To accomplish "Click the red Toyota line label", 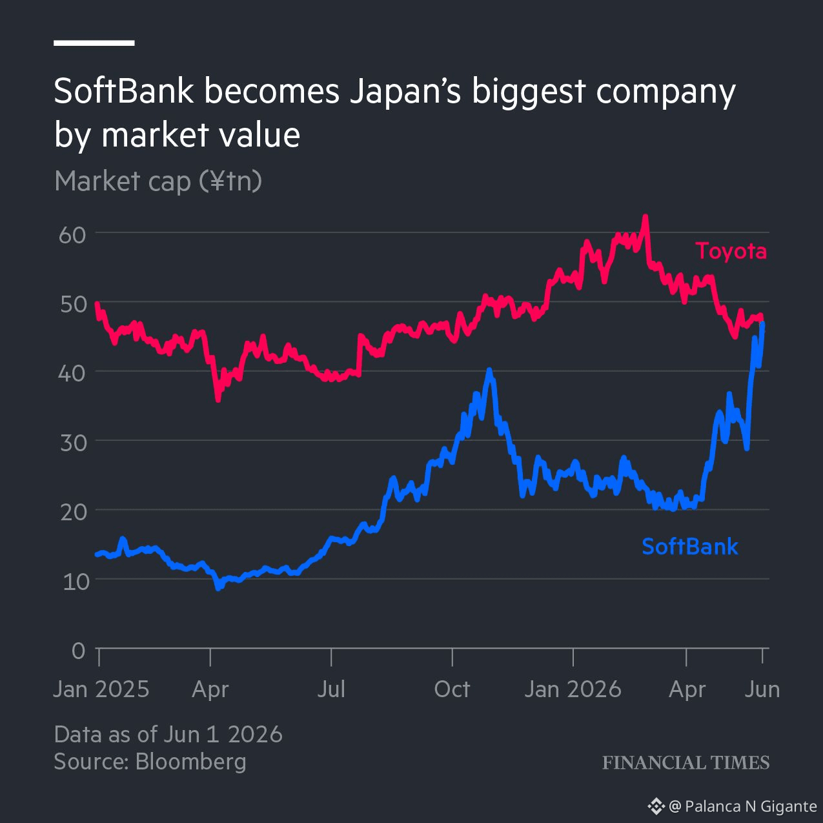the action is pos(731,251).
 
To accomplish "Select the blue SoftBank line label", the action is pos(690,546).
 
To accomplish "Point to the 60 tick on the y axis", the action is pos(72,235).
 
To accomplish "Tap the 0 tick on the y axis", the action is pos(79,651).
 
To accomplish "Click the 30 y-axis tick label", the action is pos(73,443).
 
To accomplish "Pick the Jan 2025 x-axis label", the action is pos(101,689).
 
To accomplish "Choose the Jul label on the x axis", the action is pos(331,689).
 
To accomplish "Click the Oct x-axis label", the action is pos(452,689).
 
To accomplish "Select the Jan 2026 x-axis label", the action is pos(573,689).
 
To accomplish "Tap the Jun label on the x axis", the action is pos(762,689).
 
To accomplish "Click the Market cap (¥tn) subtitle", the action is pos(158,181).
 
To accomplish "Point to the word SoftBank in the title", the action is pos(124,91).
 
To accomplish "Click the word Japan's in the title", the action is pos(405,93).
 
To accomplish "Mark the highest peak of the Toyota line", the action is pos(645,216).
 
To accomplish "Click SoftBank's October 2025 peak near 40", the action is pos(489,370).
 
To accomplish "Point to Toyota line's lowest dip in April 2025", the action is pos(218,400).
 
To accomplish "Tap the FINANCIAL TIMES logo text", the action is pos(686,763).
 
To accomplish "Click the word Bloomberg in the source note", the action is pos(190,762).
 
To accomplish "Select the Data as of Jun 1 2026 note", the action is pos(168,735).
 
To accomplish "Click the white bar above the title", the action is pos(94,43).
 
